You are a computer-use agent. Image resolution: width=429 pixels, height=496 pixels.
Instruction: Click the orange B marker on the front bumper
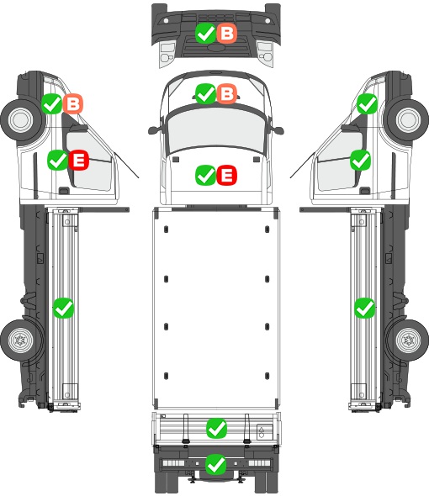227,34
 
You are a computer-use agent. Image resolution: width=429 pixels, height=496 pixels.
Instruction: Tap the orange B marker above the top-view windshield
227,93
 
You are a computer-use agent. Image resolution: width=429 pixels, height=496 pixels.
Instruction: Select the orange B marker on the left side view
73,103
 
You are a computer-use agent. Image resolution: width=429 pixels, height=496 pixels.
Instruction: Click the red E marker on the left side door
78,160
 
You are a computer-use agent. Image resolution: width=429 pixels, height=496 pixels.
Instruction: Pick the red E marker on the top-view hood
227,175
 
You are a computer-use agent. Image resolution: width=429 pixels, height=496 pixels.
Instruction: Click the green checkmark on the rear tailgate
216,428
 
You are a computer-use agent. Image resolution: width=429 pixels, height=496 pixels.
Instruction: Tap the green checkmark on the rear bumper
216,464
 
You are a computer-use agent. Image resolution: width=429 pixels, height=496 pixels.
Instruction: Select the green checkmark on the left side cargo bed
63,308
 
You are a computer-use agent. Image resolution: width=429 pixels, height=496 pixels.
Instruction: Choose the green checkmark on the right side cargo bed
365,308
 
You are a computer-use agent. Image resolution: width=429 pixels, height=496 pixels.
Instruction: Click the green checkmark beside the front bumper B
206,34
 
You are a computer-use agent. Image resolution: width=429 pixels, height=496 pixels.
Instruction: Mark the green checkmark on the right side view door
360,160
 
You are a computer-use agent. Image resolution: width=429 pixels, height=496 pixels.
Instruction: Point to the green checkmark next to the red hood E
206,175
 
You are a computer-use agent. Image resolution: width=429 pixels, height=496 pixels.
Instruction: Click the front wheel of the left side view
21,120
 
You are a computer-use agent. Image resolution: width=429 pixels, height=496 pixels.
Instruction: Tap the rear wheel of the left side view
20,340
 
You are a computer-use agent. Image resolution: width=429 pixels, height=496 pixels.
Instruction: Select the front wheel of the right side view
409,120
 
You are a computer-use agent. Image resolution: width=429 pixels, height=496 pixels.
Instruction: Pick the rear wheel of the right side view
409,340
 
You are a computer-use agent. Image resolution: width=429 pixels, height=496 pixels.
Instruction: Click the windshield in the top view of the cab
216,129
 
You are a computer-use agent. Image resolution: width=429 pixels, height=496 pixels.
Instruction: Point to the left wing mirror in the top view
154,130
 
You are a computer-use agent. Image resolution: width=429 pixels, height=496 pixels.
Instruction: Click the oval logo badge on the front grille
216,47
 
